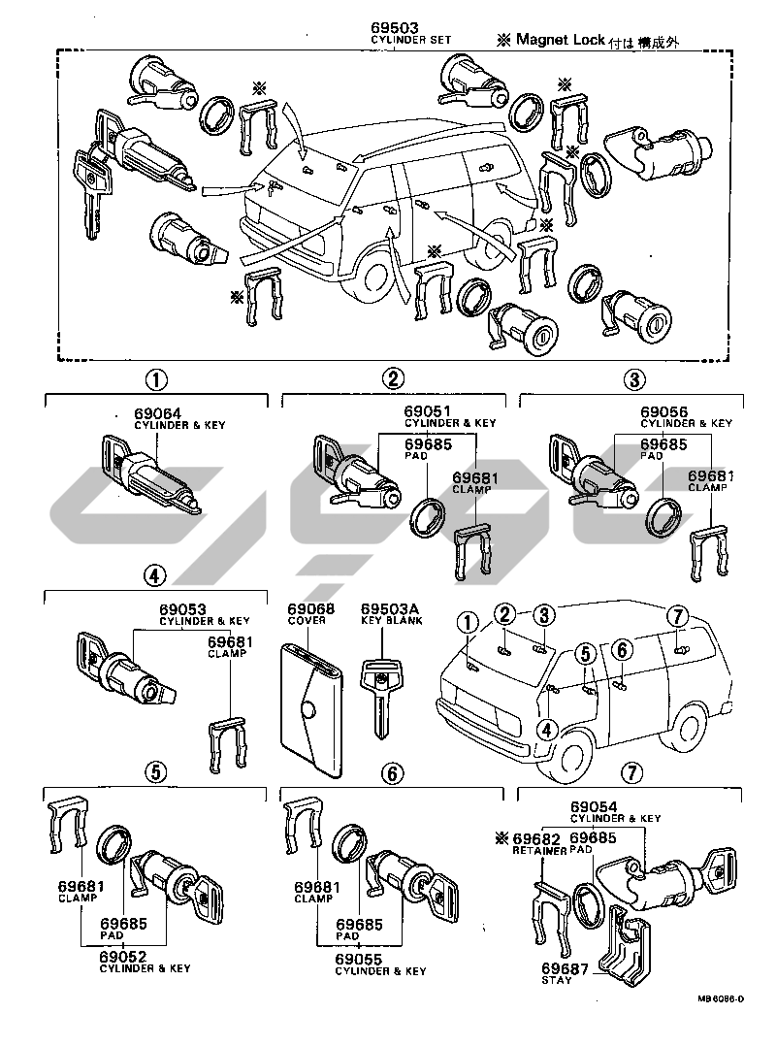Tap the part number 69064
point(156,412)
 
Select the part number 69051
point(427,412)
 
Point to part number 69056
point(663,412)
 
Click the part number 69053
point(182,609)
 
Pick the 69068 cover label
point(309,609)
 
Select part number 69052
point(123,956)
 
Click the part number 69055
point(359,958)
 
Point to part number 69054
point(593,807)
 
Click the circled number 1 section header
point(156,379)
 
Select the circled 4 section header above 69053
point(153,575)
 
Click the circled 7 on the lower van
point(678,613)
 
